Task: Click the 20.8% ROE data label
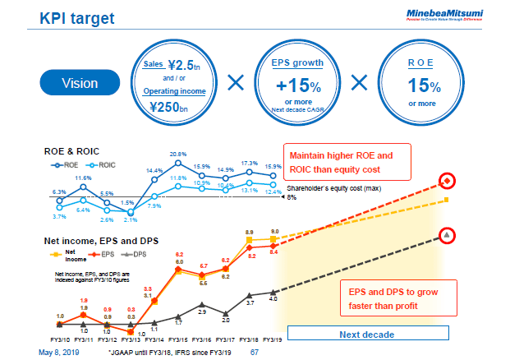(179, 154)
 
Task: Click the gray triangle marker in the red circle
(446, 235)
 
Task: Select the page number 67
(254, 353)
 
